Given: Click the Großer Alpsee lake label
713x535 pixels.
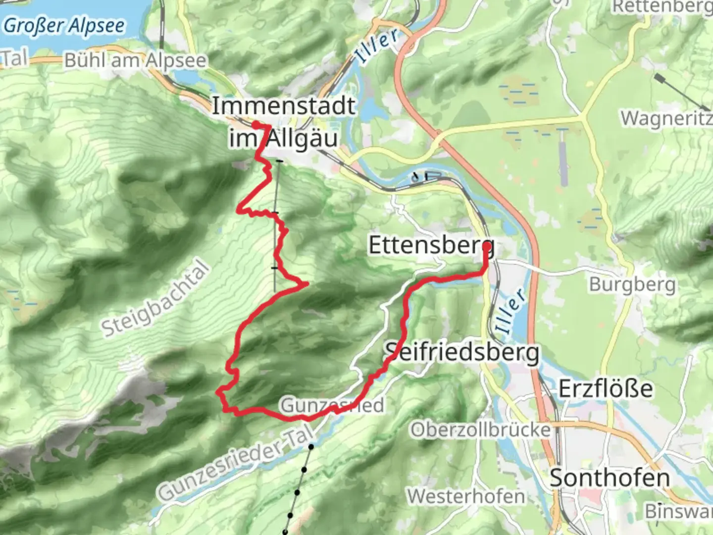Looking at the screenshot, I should (64, 25).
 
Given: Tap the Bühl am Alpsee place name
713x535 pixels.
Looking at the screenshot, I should (135, 60).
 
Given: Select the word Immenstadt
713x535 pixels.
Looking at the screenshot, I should (284, 106).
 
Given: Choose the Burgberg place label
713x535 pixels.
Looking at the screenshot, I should (632, 285).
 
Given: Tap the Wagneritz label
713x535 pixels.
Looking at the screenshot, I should (666, 119).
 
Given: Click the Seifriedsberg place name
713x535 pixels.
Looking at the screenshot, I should (462, 353).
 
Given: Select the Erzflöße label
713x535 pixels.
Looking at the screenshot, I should (606, 389).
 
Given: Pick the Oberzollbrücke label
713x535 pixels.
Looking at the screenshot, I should (480, 429).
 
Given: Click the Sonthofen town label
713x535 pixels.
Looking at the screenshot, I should (610, 478).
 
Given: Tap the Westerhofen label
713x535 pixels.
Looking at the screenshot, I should (466, 496).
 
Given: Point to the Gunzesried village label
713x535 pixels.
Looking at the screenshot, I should (332, 405).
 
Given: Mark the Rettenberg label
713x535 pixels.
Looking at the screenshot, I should (662, 7).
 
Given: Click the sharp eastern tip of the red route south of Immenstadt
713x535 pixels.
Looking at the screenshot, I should (307, 283).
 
